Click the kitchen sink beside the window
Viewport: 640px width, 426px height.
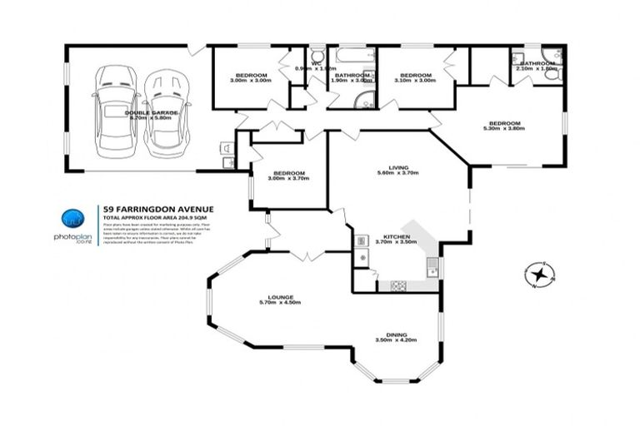click(431, 267)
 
